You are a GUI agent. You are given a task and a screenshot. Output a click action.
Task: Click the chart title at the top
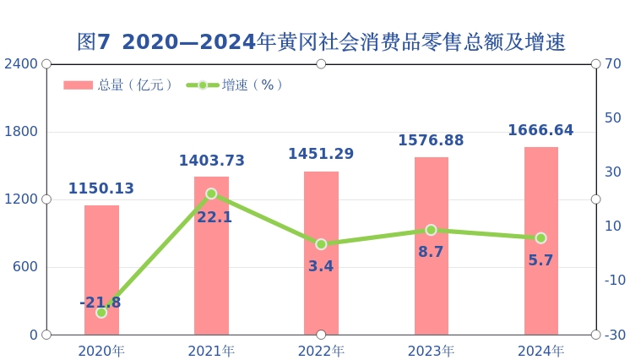coord(321,42)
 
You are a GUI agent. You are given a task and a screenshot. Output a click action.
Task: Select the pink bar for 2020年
coord(101,270)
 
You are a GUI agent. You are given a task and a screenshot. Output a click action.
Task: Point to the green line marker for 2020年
coord(101,313)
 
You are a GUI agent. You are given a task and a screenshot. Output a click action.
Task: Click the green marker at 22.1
coord(211,194)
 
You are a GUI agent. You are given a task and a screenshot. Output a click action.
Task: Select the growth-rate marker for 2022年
coord(321,244)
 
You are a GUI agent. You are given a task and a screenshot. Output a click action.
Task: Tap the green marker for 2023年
coord(431,230)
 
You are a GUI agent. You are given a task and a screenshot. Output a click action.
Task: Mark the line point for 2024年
coord(540,238)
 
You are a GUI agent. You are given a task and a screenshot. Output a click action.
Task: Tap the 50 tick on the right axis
coord(613,118)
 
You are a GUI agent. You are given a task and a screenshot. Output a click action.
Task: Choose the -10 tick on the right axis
coord(614,281)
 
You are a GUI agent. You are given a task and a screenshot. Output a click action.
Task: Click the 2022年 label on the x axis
coord(321,351)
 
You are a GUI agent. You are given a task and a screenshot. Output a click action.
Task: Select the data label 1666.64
coord(540,131)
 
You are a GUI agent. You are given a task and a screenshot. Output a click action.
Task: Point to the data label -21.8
coord(100,303)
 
